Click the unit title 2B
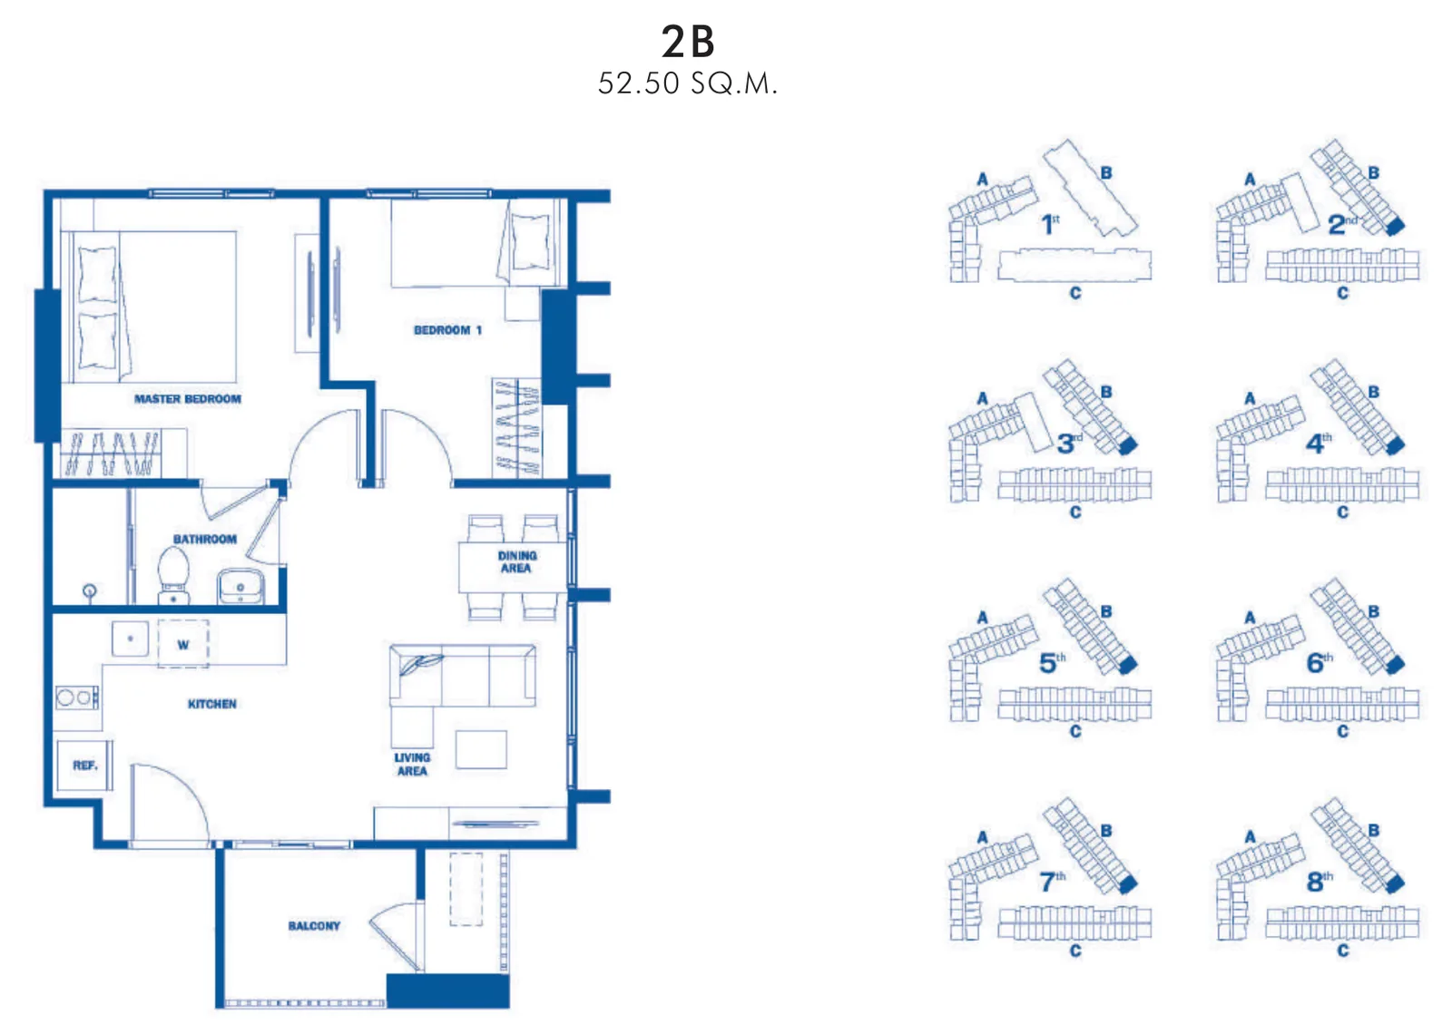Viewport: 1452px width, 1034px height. tap(688, 42)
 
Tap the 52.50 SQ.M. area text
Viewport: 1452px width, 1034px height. tap(688, 83)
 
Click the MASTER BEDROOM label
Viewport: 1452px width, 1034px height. tap(187, 399)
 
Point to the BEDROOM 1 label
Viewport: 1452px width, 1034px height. tap(447, 330)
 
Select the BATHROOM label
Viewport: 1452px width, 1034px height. tap(205, 539)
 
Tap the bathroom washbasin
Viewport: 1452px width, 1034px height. tap(240, 586)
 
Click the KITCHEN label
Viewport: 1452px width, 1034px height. tap(212, 704)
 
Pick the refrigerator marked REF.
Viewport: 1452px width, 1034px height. tap(84, 766)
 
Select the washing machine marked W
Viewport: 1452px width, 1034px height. tap(183, 644)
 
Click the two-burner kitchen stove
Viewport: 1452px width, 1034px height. tap(77, 697)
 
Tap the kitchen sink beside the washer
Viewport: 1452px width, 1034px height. tap(131, 639)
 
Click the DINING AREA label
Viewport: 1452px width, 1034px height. tap(516, 561)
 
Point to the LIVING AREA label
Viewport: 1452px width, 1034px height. tap(412, 765)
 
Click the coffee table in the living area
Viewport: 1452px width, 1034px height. tap(481, 750)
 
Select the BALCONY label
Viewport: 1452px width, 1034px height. tap(314, 926)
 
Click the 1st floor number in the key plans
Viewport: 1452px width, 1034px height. tap(1049, 224)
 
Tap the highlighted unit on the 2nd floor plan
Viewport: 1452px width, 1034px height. tap(1395, 226)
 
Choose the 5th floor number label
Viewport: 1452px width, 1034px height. tap(1052, 662)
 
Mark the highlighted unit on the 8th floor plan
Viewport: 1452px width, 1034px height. tap(1395, 883)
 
